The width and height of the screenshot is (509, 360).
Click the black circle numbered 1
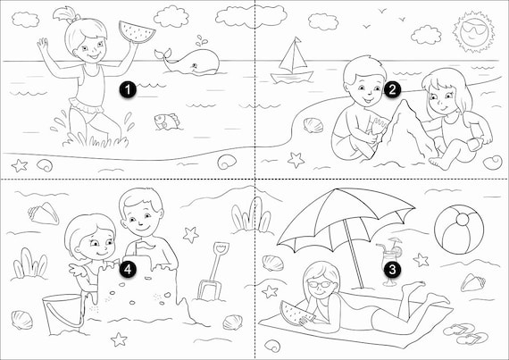(128, 89)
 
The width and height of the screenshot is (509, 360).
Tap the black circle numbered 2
(392, 89)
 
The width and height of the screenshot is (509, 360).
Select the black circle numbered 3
(392, 269)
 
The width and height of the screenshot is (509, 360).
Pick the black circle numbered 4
(128, 269)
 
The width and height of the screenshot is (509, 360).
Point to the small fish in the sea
(167, 121)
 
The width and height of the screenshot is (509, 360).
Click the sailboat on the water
(292, 62)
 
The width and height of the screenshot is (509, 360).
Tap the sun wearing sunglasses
(474, 31)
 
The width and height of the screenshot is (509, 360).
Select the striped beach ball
(459, 230)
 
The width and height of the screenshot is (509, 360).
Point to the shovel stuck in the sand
(213, 271)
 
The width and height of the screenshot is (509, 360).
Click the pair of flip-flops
(465, 333)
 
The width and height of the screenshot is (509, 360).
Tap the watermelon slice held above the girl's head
(137, 31)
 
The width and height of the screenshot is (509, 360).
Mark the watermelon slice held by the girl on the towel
(296, 314)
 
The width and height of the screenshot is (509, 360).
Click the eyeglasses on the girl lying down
(320, 284)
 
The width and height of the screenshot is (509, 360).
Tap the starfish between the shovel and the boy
(190, 235)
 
